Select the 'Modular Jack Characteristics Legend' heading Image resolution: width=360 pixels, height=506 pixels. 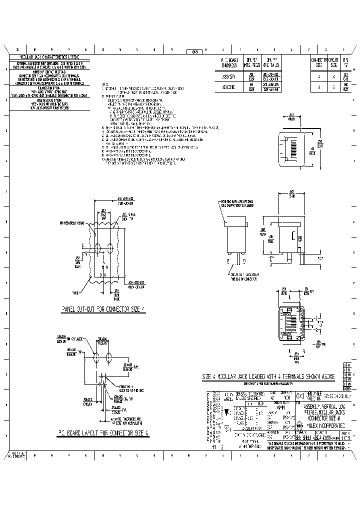50,58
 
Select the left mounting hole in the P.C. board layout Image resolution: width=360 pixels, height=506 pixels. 96,358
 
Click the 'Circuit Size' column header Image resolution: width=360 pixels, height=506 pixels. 333,62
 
